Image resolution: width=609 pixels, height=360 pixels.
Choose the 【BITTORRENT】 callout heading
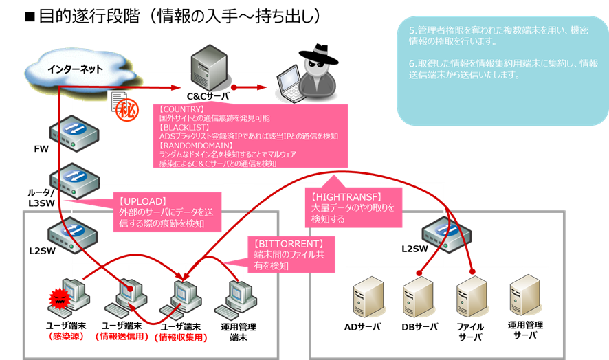coord(289,243)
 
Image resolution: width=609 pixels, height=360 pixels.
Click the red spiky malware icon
coord(60,300)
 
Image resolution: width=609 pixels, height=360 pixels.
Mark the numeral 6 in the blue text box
coord(411,63)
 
